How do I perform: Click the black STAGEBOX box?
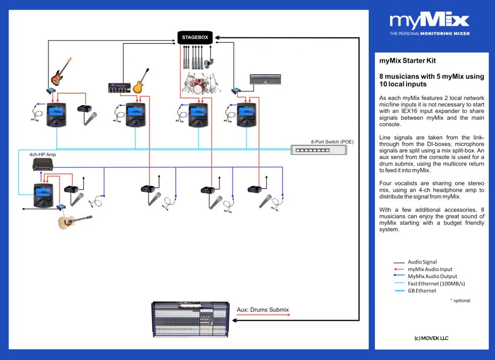pyautogui.click(x=195, y=37)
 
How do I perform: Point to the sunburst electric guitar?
pyautogui.click(x=141, y=81)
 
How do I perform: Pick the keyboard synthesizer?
pyautogui.click(x=265, y=79)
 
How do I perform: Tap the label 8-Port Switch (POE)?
pyautogui.click(x=332, y=142)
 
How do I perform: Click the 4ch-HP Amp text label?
pyautogui.click(x=42, y=154)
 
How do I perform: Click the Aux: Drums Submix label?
pyautogui.click(x=263, y=310)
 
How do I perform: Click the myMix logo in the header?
pyautogui.click(x=429, y=23)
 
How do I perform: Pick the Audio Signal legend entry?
pyautogui.click(x=422, y=263)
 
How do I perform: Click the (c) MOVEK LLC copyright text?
pyautogui.click(x=431, y=338)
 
